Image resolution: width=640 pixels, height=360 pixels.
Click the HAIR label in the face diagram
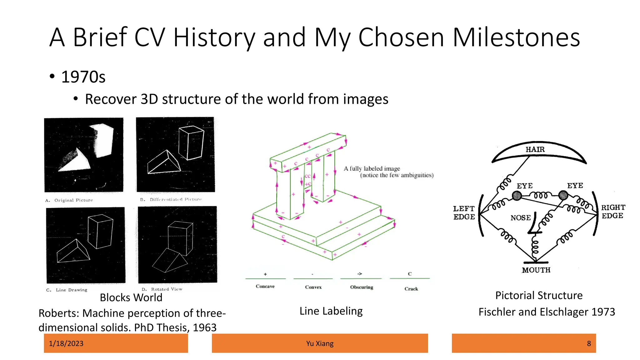[535, 149]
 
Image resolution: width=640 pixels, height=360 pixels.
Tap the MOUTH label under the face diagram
[536, 270]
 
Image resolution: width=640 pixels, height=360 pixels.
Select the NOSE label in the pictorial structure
[521, 218]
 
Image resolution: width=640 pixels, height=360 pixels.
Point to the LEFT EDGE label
[464, 213]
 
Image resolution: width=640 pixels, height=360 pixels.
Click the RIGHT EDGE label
[613, 212]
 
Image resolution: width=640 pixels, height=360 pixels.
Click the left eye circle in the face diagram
[517, 196]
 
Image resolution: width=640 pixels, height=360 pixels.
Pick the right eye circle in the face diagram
[563, 195]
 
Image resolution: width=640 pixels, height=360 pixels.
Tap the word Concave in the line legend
[265, 286]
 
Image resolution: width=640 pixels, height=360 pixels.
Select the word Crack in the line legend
[411, 289]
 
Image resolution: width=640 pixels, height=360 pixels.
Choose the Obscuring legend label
[362, 287]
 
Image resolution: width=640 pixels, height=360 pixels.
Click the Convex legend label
[313, 287]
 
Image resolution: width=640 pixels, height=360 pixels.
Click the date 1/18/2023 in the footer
[66, 343]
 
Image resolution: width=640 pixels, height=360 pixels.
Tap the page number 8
[589, 343]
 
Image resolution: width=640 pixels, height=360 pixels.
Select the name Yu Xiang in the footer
[320, 343]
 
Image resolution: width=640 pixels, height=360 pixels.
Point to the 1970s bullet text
[83, 77]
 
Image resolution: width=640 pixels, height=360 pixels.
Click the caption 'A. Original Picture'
[69, 200]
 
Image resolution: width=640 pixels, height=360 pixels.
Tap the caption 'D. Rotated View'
[162, 289]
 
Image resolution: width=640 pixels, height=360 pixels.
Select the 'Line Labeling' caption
[331, 311]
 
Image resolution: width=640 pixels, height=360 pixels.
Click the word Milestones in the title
[516, 37]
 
